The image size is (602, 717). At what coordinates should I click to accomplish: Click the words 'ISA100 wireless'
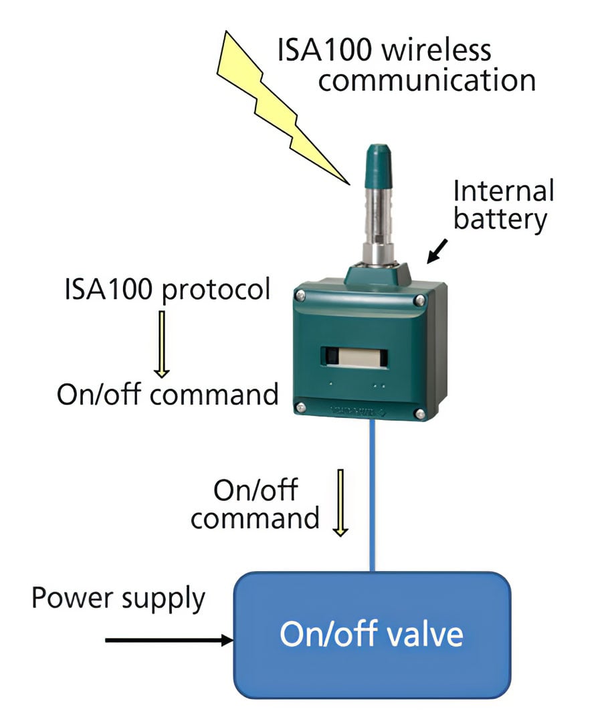(384, 50)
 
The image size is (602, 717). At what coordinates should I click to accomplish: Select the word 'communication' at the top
(427, 81)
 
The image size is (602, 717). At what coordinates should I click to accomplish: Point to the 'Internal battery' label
(503, 205)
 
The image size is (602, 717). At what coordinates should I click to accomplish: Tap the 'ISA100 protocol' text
(167, 290)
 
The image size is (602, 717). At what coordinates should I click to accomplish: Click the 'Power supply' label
(118, 597)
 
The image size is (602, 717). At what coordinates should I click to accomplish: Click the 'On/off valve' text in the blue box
(371, 633)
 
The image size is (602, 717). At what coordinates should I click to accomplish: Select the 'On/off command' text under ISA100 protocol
(167, 394)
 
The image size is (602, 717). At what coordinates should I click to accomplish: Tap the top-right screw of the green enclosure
(419, 298)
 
